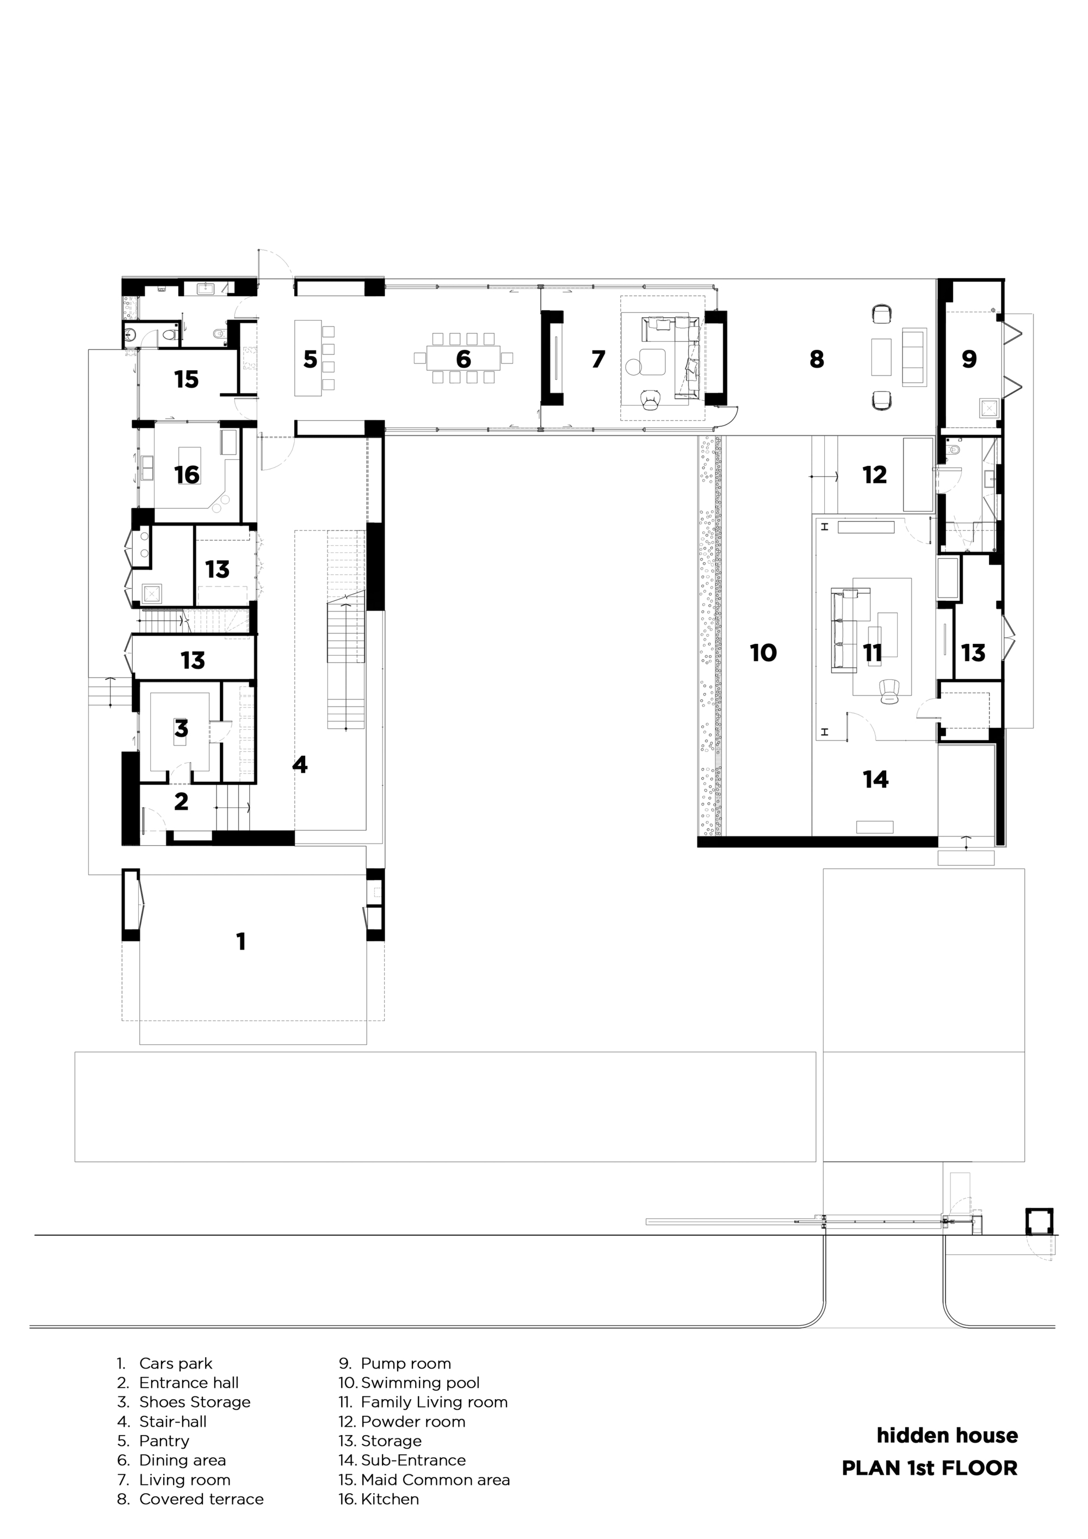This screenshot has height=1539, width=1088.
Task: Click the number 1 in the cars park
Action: [x=241, y=942]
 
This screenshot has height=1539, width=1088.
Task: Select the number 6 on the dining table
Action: [x=463, y=359]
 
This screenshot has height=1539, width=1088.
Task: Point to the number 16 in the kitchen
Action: [x=187, y=475]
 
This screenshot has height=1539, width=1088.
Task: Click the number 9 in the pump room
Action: [x=969, y=359]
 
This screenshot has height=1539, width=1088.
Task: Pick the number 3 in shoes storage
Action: [x=181, y=729]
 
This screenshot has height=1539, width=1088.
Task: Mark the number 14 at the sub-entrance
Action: [x=876, y=779]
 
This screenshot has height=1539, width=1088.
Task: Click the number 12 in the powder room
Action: [x=874, y=475]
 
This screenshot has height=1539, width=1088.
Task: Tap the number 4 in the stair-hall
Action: [x=299, y=764]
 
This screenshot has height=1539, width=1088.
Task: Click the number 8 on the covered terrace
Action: [x=816, y=359]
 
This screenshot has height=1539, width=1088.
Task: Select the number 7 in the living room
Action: [x=598, y=359]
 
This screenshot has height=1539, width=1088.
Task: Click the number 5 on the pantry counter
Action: [x=310, y=359]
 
